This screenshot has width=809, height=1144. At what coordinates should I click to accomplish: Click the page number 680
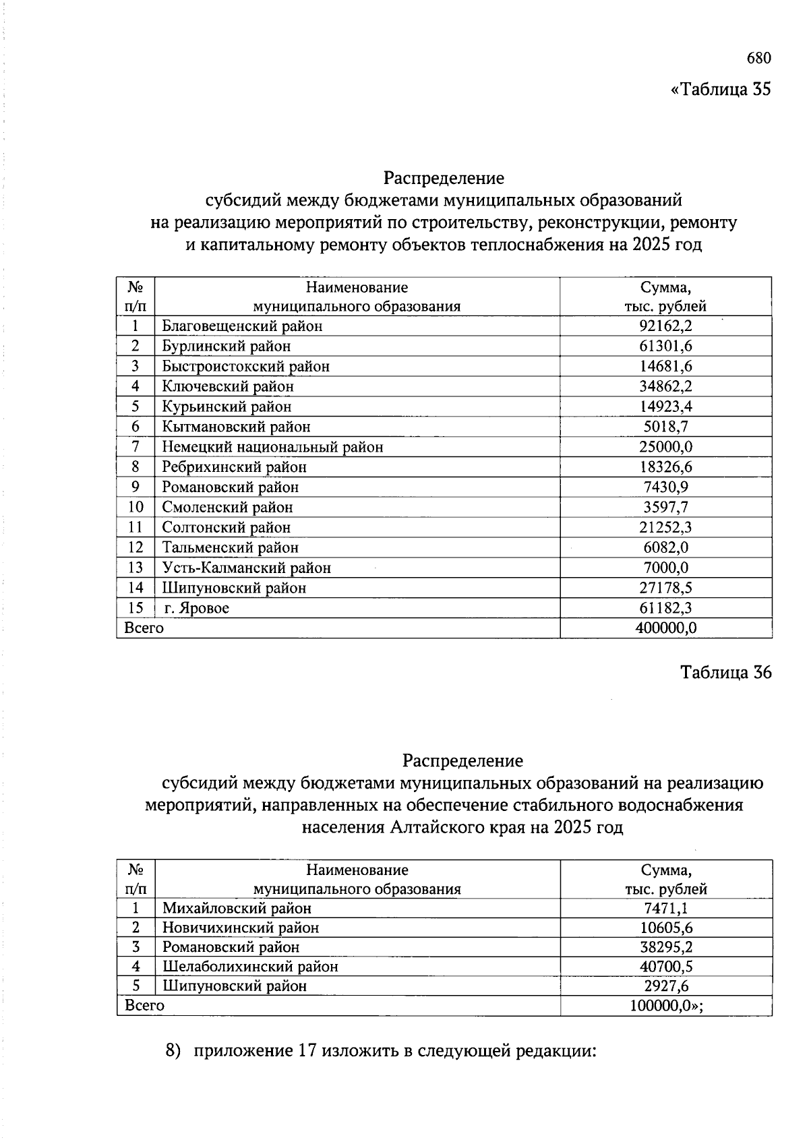758,58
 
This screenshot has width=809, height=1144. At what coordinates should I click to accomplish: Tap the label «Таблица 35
720,90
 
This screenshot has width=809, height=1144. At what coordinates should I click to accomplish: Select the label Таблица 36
725,672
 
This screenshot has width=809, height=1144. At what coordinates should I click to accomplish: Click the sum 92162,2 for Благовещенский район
665,326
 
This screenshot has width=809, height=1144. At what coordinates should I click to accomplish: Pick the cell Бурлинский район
227,347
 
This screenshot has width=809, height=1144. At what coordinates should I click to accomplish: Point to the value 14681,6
665,366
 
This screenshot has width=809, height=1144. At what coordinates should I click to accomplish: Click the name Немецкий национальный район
272,447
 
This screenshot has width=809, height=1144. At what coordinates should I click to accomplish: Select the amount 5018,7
665,427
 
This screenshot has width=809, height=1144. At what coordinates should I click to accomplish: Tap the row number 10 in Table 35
136,507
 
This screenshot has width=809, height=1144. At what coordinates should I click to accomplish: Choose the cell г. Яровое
197,608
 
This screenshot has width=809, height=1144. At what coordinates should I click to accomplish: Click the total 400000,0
665,628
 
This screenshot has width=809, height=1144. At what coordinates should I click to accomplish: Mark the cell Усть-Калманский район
247,568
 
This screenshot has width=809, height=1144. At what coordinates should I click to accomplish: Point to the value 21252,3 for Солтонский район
665,527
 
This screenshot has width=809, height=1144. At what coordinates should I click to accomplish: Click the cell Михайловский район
237,908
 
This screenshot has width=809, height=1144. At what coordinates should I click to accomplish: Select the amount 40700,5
666,966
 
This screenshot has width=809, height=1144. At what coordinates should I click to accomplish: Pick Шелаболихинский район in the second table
250,966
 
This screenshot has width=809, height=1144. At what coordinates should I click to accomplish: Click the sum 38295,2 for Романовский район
666,946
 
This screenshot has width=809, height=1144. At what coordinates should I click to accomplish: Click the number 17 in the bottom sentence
307,1051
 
